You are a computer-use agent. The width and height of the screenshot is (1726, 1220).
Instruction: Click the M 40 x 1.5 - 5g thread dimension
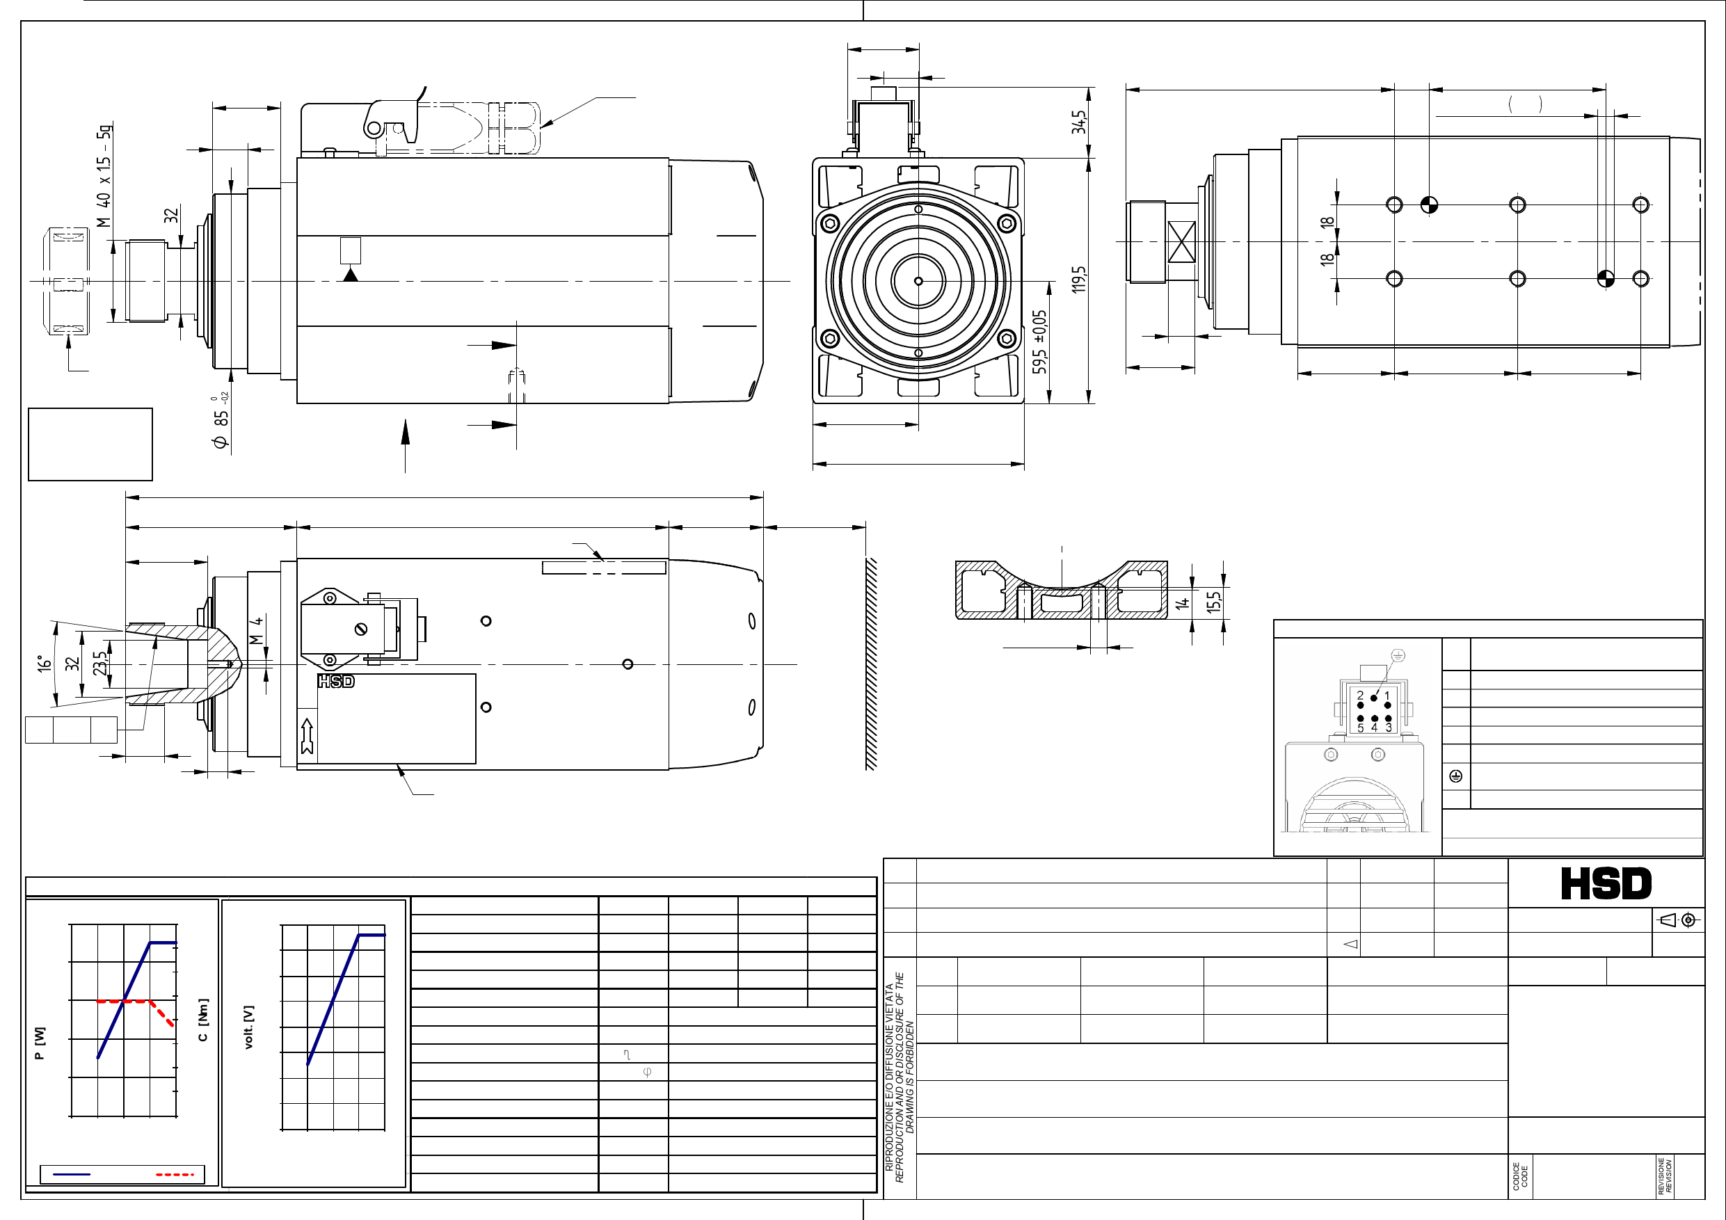[104, 175]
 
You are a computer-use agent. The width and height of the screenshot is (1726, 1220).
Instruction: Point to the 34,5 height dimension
[1080, 122]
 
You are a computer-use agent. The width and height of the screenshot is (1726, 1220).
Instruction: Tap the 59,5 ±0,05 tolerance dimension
[1039, 342]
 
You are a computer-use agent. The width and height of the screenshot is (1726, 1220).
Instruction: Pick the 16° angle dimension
[45, 663]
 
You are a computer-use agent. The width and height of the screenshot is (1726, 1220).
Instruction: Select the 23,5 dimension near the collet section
[100, 663]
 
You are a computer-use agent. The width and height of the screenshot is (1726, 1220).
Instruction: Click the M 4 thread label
[256, 631]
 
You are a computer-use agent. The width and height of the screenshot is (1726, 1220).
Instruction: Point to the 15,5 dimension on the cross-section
[1214, 602]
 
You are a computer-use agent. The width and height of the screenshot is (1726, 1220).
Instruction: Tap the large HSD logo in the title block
[1606, 883]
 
